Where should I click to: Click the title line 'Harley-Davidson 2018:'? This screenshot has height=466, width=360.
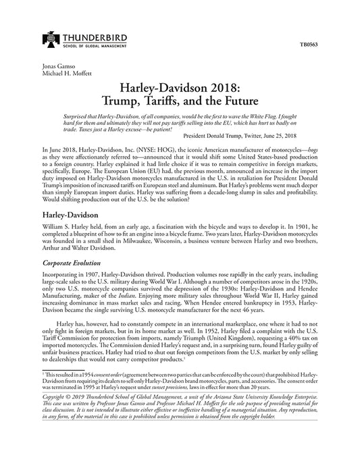180,88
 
